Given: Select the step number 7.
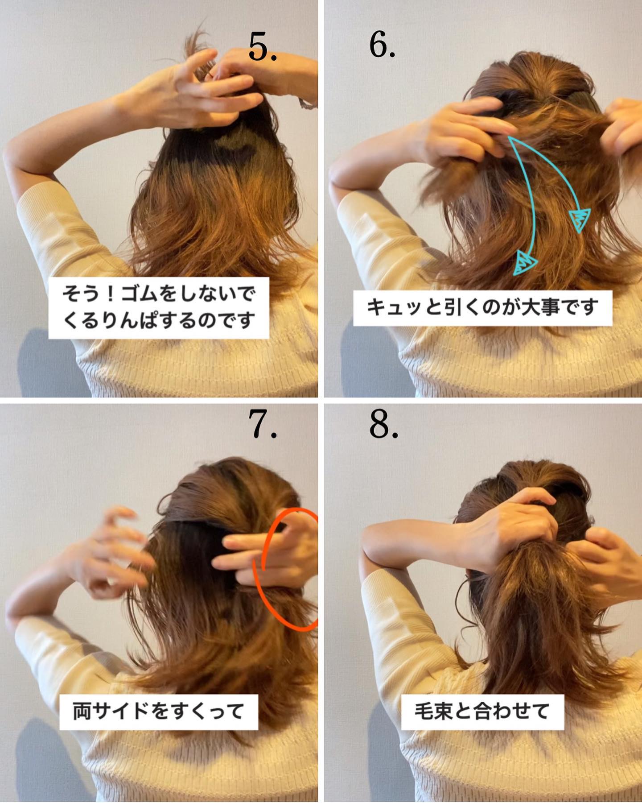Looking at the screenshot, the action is point(264,425).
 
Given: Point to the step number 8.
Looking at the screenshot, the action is point(383,425).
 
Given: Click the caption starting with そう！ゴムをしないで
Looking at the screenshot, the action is point(159,308).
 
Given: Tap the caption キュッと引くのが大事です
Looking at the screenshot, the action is point(482,308).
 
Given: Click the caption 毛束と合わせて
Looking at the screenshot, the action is point(482,711).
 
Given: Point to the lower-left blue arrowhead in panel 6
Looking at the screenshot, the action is point(525,262).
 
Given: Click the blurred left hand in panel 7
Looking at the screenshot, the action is point(111,549).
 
